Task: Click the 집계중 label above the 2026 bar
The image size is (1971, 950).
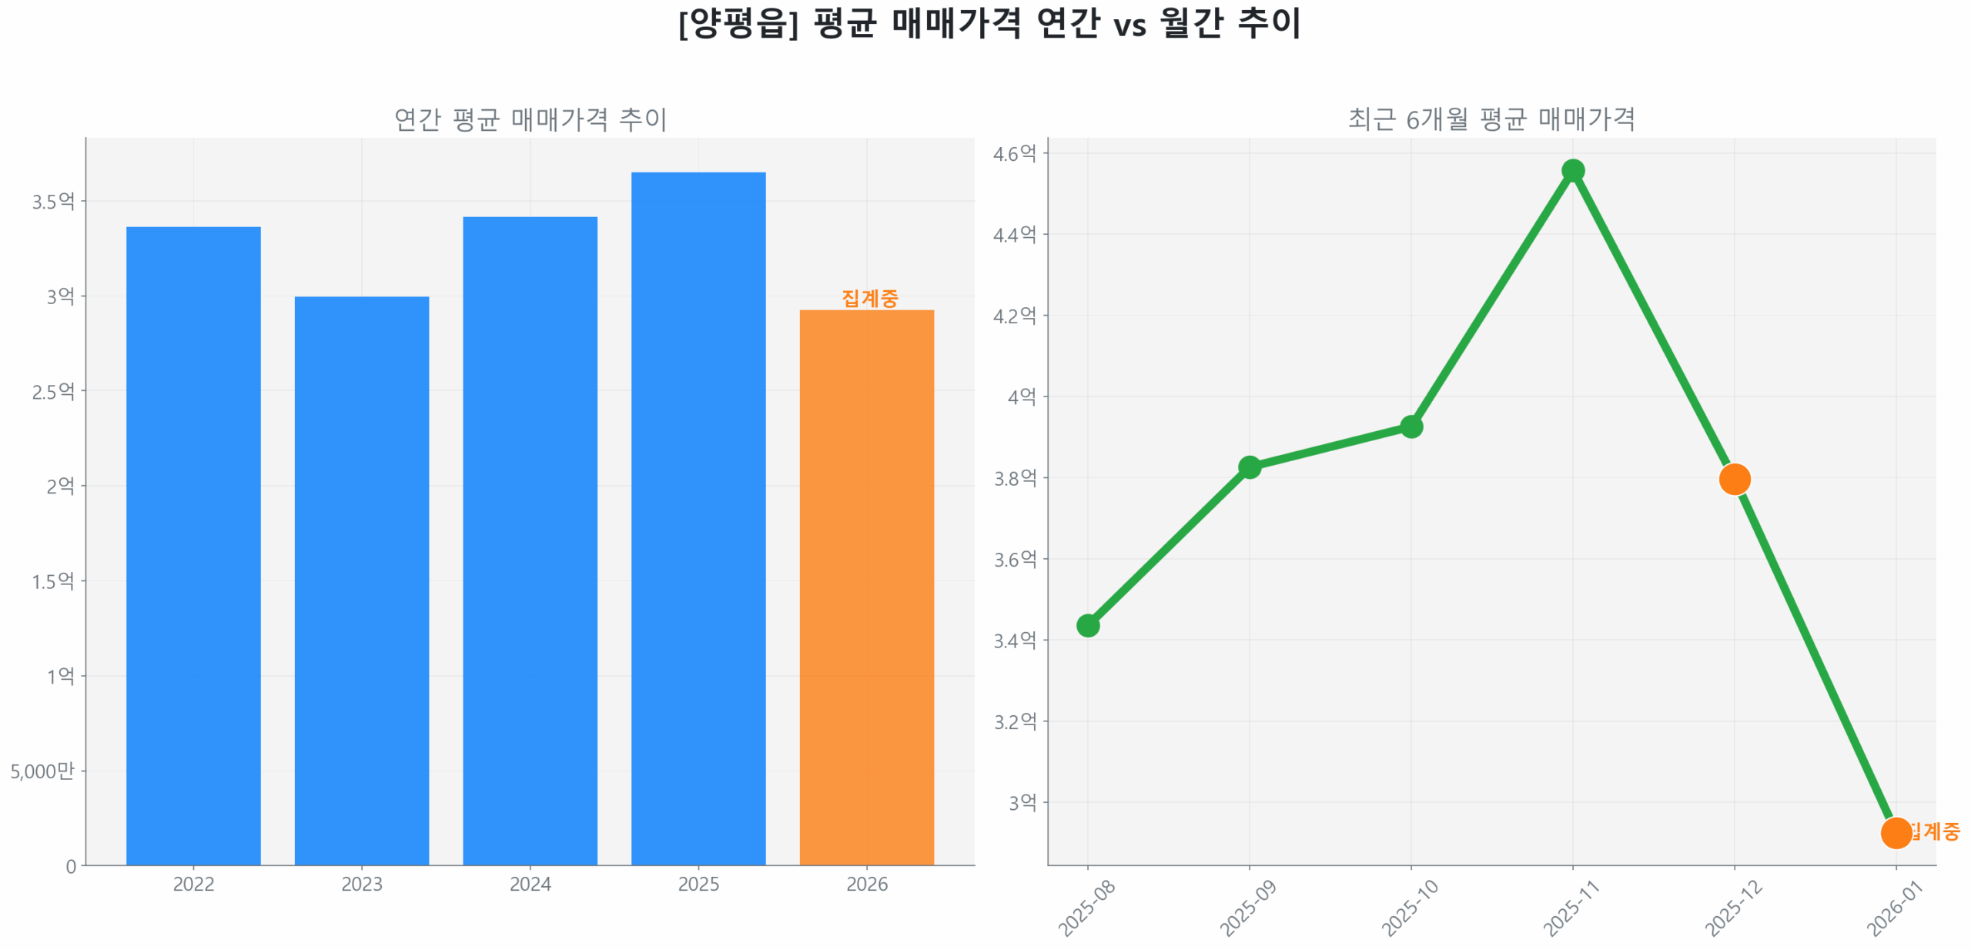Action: coord(869,298)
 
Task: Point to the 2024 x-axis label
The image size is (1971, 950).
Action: coord(530,883)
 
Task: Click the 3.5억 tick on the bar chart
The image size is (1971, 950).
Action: coord(53,202)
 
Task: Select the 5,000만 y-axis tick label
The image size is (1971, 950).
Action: coord(42,771)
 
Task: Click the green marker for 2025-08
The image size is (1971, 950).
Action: coord(1087,624)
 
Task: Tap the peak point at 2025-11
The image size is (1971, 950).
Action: coord(1572,170)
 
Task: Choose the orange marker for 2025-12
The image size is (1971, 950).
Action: coord(1734,479)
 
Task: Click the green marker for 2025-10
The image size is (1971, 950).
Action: coord(1410,426)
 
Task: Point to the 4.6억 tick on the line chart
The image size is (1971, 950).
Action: coord(1014,154)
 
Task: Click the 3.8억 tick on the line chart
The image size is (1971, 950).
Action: coord(1014,478)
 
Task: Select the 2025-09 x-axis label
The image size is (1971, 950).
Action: coord(1247,908)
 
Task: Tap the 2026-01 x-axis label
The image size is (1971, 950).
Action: coord(1893,908)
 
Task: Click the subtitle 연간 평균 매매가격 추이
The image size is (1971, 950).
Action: coord(530,119)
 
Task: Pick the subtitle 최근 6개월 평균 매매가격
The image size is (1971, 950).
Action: coord(1491,119)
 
